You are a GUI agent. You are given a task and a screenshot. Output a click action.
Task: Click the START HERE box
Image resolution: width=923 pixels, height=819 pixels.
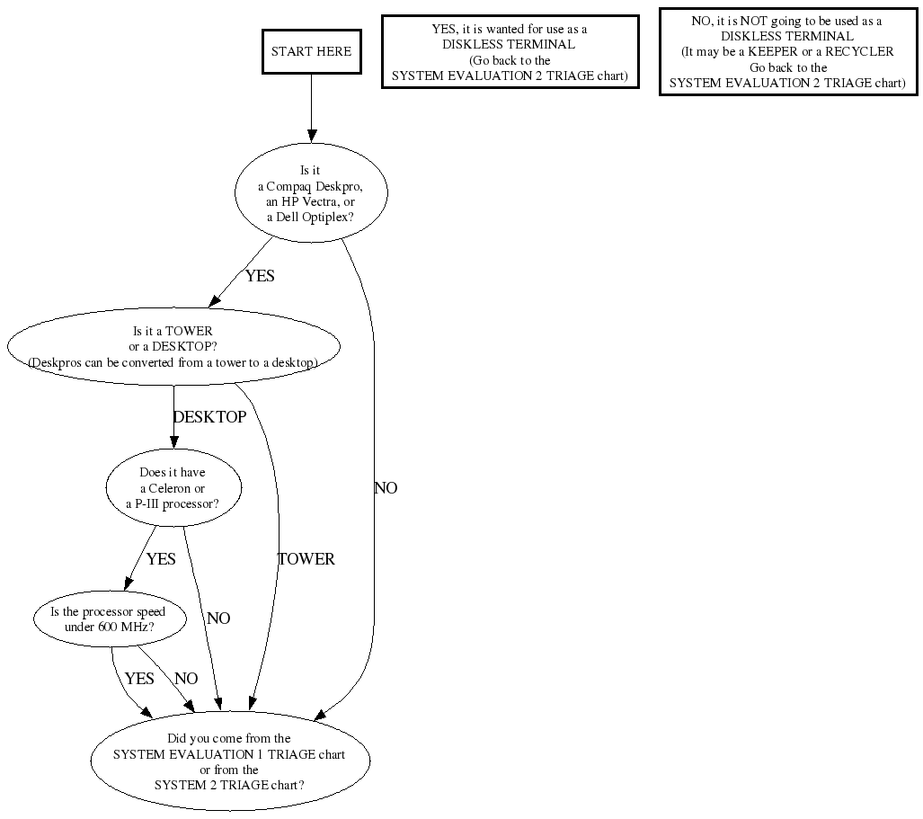311,51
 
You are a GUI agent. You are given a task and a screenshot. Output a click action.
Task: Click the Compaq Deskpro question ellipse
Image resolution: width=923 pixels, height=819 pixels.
311,192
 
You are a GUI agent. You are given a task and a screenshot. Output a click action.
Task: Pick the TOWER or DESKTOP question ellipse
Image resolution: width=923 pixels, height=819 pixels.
173,346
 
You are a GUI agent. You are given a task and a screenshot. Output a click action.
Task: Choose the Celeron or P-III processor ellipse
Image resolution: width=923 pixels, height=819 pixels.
173,488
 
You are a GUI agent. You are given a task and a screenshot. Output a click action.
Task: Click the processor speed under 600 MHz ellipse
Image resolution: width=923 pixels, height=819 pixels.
110,619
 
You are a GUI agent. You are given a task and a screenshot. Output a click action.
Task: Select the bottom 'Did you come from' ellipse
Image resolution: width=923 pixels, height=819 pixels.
230,761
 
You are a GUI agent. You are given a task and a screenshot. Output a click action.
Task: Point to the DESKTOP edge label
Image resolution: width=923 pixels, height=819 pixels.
209,417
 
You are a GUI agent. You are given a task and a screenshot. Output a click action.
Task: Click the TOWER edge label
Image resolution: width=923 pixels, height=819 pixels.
306,559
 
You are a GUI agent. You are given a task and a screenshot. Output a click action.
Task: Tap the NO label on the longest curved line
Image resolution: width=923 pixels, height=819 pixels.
386,488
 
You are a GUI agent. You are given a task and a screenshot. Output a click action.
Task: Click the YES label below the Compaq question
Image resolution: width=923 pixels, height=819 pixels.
259,276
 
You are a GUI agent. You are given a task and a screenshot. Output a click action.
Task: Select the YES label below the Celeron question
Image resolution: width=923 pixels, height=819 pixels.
161,559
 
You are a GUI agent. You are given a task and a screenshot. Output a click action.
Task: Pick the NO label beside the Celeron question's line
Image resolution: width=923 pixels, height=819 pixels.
218,619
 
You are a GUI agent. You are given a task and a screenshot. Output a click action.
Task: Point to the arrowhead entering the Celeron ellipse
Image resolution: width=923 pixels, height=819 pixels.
173,441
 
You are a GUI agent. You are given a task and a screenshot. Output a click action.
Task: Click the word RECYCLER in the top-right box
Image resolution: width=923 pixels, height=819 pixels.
863,51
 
